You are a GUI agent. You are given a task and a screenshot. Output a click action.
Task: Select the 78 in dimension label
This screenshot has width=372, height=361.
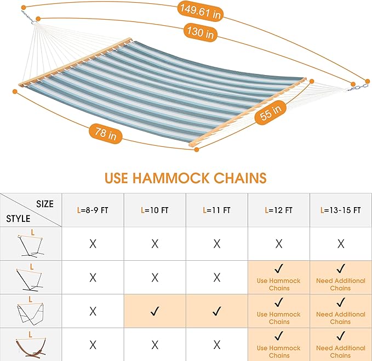pos(104,134)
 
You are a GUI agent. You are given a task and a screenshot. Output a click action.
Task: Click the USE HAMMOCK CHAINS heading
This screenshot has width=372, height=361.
pos(185,177)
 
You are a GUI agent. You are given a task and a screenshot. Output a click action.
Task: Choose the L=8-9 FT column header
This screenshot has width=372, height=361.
pos(93,210)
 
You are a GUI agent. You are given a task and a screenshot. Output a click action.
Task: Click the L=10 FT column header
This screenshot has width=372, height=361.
pos(154,210)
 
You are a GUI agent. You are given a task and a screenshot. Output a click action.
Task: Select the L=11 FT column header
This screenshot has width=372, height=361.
pos(216,210)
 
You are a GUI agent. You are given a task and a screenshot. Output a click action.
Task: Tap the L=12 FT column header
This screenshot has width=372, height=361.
pos(278,210)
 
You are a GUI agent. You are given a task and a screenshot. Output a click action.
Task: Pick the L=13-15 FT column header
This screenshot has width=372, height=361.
pos(340,210)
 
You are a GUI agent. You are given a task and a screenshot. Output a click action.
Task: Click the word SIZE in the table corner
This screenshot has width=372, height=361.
pos(45,204)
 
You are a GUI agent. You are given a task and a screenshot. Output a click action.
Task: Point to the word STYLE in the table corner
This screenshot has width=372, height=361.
pos(18,219)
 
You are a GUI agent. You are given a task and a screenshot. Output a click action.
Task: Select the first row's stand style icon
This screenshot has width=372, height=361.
pos(31,244)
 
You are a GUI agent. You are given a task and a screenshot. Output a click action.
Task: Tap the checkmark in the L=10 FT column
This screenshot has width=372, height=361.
pos(154,311)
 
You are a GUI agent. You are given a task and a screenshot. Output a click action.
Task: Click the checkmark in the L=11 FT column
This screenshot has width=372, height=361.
pos(216,311)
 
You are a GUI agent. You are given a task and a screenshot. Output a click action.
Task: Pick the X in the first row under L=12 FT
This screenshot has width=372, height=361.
pos(278,243)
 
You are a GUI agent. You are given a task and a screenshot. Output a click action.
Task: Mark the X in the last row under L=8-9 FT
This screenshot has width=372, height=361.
pos(93,345)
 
